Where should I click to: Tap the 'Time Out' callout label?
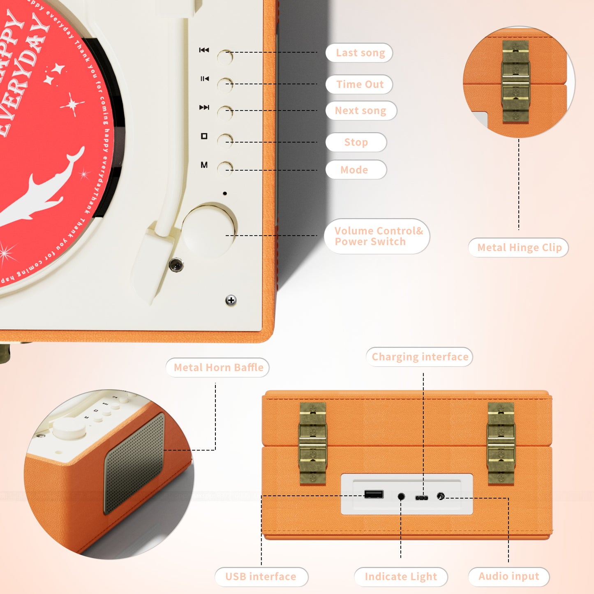point(359,84)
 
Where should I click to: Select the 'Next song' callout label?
point(361,111)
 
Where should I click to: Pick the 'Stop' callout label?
point(356,142)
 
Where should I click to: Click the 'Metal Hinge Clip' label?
point(519,247)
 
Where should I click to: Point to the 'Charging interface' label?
point(419,357)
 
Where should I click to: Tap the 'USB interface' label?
point(261,577)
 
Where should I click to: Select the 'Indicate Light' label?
point(401,577)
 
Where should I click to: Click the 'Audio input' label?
point(508,577)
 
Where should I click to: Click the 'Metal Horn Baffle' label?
point(218,367)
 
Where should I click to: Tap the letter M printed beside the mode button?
point(204,165)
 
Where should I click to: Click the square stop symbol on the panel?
point(204,136)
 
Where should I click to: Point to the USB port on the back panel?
point(374,494)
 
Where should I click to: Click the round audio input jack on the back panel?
point(441,496)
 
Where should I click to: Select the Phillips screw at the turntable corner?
point(231,300)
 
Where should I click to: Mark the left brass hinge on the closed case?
point(313,443)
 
